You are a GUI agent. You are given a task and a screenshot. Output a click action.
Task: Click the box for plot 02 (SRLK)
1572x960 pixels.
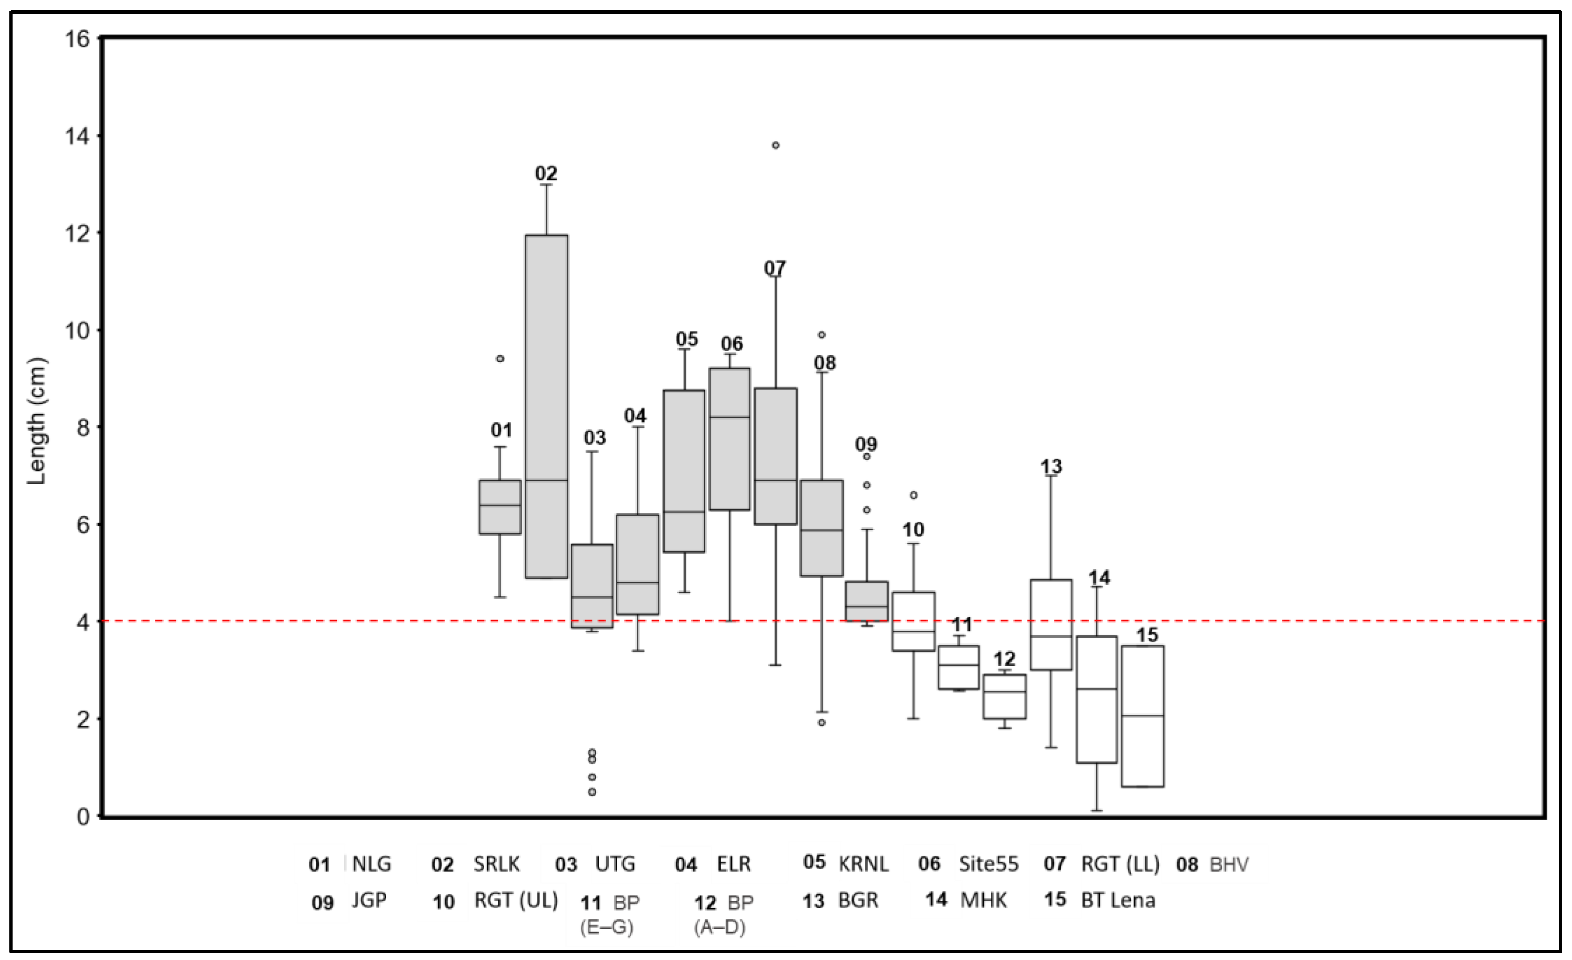546,406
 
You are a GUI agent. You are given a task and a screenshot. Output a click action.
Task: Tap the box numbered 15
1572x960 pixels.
1143,716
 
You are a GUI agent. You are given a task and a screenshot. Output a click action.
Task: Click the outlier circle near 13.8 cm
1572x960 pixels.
775,145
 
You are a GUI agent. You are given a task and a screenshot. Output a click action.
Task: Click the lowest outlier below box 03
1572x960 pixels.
592,792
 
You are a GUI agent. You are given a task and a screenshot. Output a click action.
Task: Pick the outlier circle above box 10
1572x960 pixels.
914,495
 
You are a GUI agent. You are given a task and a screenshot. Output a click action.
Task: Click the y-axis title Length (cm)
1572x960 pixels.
37,421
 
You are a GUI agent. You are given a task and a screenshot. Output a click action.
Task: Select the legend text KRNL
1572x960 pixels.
863,863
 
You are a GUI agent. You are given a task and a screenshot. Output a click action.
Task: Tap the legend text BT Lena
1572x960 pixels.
1118,900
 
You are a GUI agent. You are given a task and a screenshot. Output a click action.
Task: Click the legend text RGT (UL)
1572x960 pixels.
515,900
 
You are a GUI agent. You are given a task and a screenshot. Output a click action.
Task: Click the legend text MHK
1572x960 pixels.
983,900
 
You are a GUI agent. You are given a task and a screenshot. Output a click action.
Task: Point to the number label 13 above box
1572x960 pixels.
1051,466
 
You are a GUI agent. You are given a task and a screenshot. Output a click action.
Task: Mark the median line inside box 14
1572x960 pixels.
1097,689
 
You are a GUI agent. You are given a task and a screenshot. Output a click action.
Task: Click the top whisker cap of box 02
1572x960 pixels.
547,184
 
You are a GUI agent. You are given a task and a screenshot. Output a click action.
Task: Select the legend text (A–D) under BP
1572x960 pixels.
720,927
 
